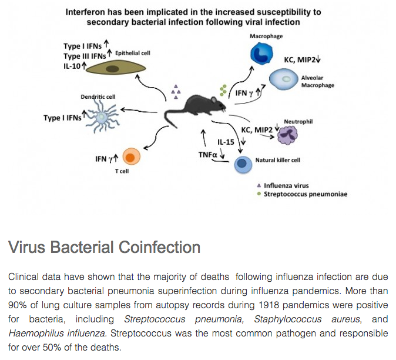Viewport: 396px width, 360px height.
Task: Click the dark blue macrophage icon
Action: click(x=259, y=54)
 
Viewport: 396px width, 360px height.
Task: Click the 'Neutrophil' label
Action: click(x=298, y=122)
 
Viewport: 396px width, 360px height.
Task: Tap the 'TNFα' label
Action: click(x=208, y=154)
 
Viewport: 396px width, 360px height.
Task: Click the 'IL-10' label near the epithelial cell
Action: click(x=73, y=66)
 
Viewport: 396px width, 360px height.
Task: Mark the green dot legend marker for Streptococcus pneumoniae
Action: click(x=259, y=194)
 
